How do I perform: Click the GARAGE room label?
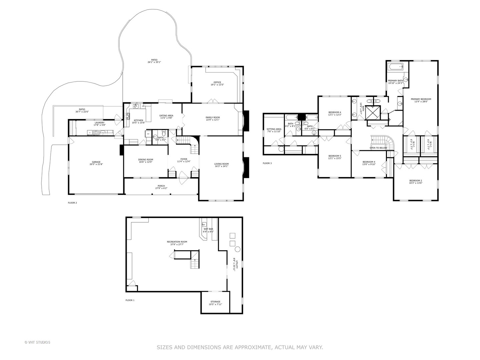click(x=96, y=162)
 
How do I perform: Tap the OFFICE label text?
click(x=217, y=82)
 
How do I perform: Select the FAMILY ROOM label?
click(x=212, y=117)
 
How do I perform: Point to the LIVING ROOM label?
click(x=221, y=164)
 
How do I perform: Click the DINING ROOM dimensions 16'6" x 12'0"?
click(x=146, y=162)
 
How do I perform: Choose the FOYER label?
click(x=184, y=159)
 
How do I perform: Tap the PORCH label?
click(x=161, y=186)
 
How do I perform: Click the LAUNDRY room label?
click(x=99, y=122)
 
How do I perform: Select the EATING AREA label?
click(x=166, y=115)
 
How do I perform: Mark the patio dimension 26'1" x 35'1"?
click(x=154, y=62)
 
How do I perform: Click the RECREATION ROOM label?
click(x=177, y=242)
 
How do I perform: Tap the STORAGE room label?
click(x=215, y=302)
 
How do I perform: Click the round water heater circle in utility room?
click(x=238, y=249)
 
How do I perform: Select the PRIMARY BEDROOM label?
click(x=421, y=99)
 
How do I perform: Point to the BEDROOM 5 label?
click(x=335, y=156)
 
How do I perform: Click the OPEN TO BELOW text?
click(x=378, y=148)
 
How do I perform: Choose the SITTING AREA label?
click(x=274, y=129)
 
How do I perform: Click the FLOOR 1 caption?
click(x=130, y=300)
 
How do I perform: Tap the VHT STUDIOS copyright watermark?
click(x=37, y=342)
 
